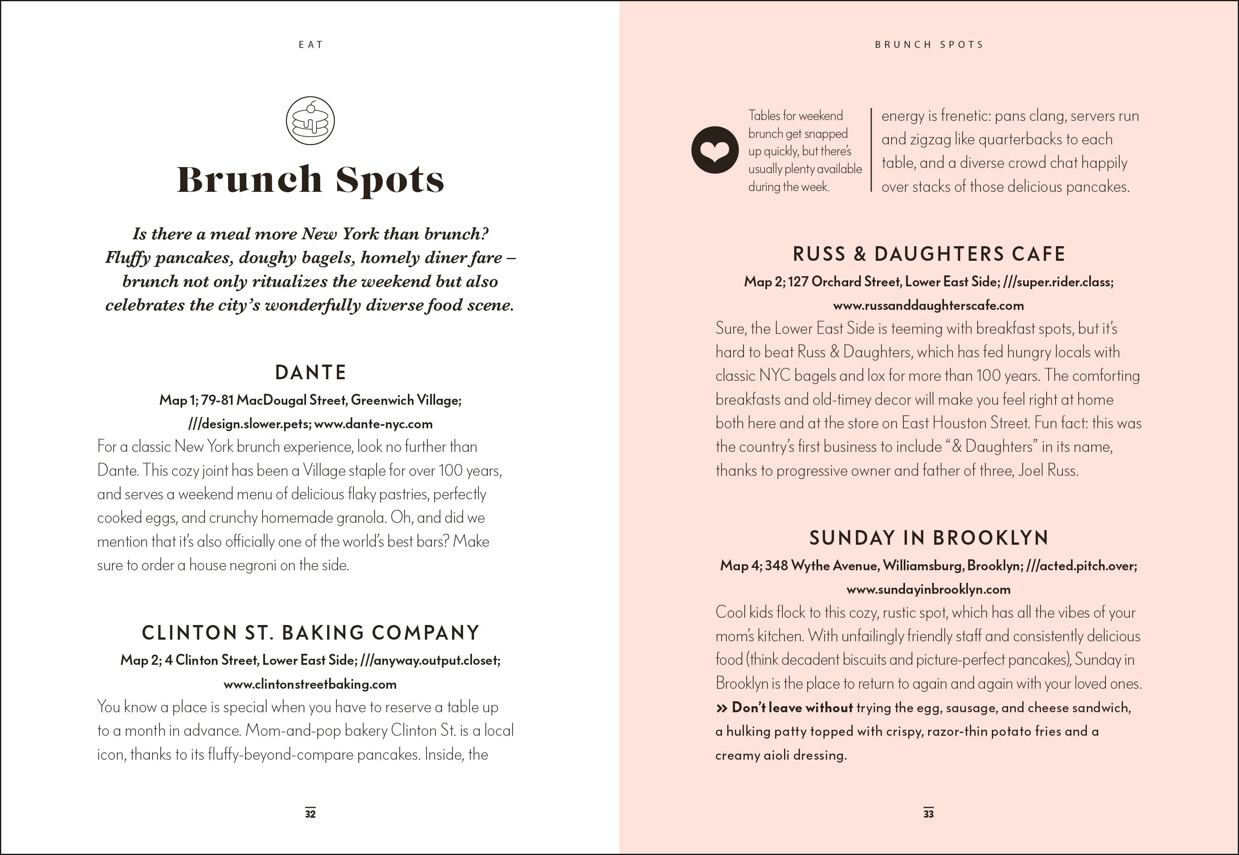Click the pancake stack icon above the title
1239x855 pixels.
(x=310, y=120)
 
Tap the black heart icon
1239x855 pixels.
(x=715, y=150)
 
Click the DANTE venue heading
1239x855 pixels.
(x=311, y=372)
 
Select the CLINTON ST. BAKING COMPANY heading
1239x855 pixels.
(x=311, y=633)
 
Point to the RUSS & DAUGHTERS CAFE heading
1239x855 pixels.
(x=929, y=254)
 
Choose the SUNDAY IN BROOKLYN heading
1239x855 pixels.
(x=929, y=538)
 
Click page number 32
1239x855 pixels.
(x=310, y=814)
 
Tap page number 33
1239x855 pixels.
(x=929, y=814)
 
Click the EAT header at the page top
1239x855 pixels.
(x=311, y=45)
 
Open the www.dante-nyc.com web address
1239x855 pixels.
(x=373, y=424)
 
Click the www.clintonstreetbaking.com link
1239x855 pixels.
(x=310, y=684)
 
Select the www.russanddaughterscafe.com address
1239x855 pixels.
(x=928, y=305)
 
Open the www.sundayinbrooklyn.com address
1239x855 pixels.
(x=928, y=589)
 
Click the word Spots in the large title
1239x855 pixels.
(x=390, y=180)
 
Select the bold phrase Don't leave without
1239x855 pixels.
(x=792, y=708)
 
